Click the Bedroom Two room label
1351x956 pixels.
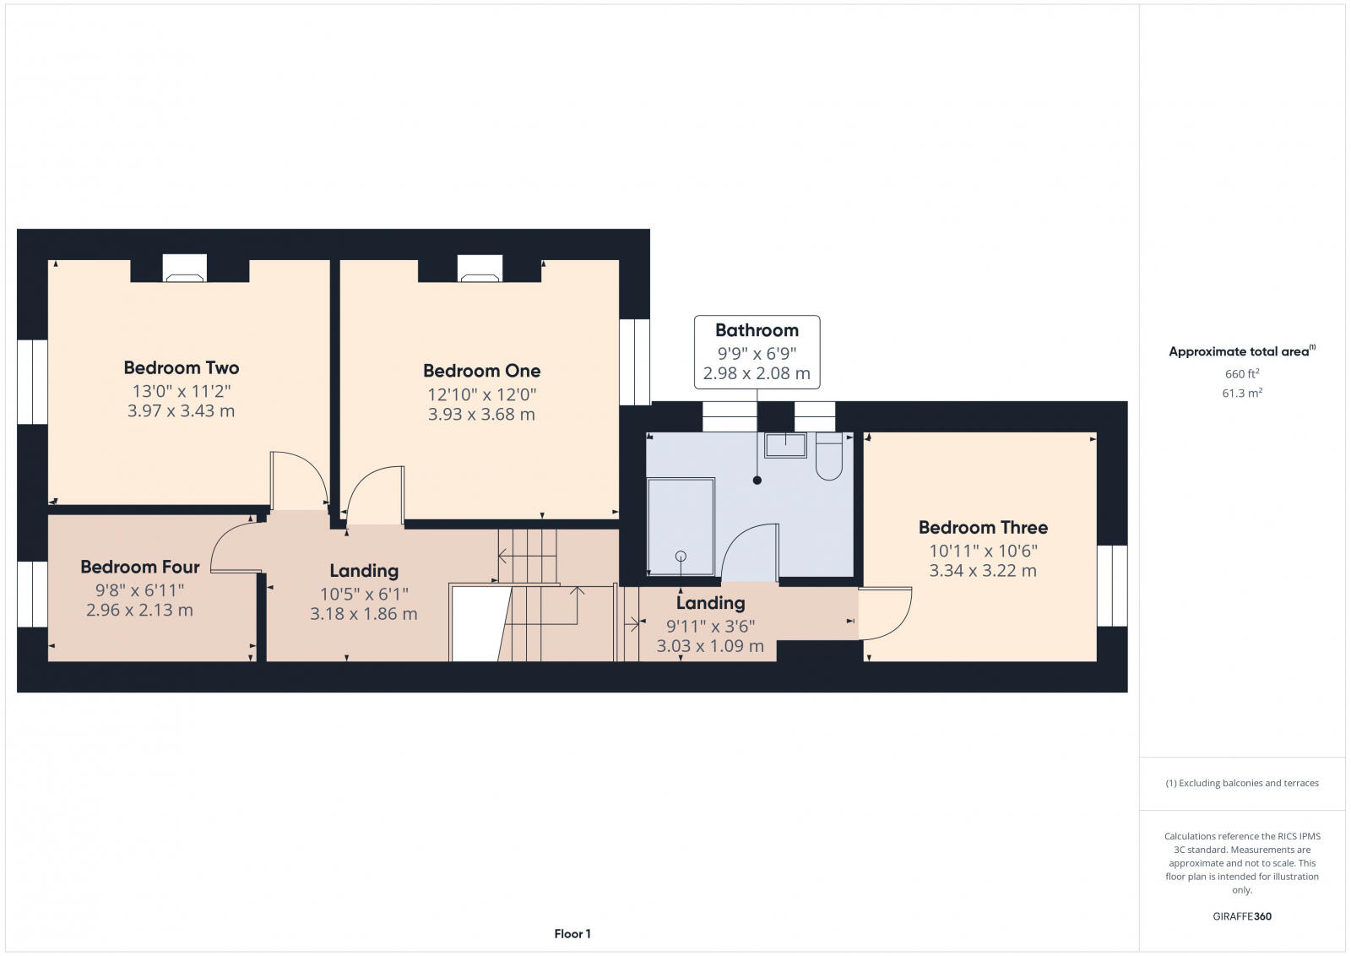click(x=182, y=367)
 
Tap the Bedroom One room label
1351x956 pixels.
click(x=481, y=371)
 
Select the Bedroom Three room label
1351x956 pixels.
click(x=983, y=528)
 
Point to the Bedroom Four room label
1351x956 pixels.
click(x=140, y=567)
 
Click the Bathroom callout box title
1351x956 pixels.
click(x=757, y=330)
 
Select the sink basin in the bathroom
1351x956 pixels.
click(x=785, y=445)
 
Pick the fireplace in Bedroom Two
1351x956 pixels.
click(x=185, y=269)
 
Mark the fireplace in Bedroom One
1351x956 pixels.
click(x=480, y=269)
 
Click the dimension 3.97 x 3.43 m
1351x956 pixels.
click(x=182, y=411)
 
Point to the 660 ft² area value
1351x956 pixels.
click(x=1242, y=373)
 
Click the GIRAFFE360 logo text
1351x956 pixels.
click(x=1242, y=916)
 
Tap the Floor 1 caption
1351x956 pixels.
click(x=572, y=933)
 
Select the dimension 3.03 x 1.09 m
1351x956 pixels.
click(x=710, y=646)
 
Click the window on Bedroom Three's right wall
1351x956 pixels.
click(x=1112, y=585)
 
